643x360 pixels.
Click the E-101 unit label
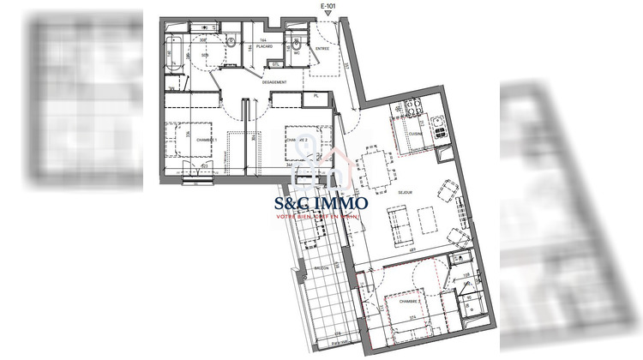pyautogui.click(x=327, y=6)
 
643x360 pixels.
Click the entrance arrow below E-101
pyautogui.click(x=327, y=14)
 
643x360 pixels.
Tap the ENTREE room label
pyautogui.click(x=322, y=50)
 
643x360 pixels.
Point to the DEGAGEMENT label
pyautogui.click(x=275, y=83)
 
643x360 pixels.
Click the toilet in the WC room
pyautogui.click(x=297, y=44)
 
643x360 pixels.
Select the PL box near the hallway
pyautogui.click(x=315, y=97)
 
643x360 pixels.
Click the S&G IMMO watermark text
pyautogui.click(x=321, y=204)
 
